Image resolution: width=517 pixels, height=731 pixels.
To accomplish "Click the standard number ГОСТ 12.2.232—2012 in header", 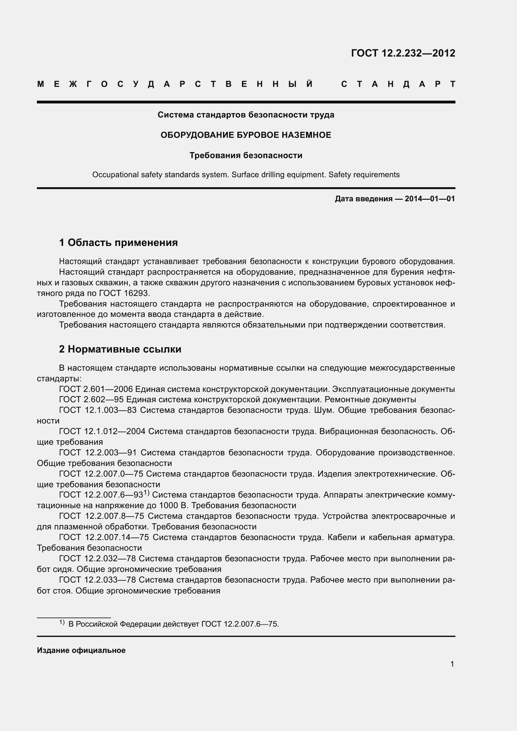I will [x=403, y=53].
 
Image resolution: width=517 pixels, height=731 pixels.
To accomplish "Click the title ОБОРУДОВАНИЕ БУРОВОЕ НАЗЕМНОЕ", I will [x=246, y=135].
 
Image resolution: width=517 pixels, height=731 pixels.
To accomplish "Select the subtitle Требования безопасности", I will [x=246, y=155].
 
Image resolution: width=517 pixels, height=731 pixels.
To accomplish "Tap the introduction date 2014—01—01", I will [x=429, y=199].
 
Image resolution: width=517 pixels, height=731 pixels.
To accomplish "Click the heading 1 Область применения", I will [x=118, y=243].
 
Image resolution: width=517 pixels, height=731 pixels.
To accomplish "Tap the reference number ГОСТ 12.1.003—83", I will [x=98, y=410].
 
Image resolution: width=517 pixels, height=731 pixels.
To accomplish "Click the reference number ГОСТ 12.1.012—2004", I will [x=102, y=431].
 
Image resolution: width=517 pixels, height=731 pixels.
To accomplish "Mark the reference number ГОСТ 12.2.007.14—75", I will [x=104, y=538].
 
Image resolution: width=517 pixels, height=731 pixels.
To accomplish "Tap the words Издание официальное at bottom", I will [x=81, y=650].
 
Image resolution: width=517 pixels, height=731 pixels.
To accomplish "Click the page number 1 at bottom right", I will [x=452, y=664].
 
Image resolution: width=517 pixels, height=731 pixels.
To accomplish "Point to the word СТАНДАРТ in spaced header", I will [x=398, y=84].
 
